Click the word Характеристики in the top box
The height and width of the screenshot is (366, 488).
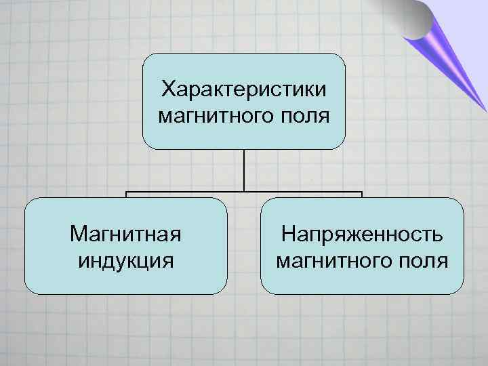point(244,89)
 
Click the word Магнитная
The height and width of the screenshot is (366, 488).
point(125,235)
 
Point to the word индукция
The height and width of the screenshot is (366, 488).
point(125,260)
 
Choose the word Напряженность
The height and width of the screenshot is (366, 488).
point(363,235)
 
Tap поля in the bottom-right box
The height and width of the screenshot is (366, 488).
point(423,260)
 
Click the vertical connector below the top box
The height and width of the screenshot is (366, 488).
point(244,169)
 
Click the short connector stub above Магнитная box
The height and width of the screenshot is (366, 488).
point(126,195)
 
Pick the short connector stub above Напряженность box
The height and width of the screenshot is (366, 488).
point(362,195)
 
